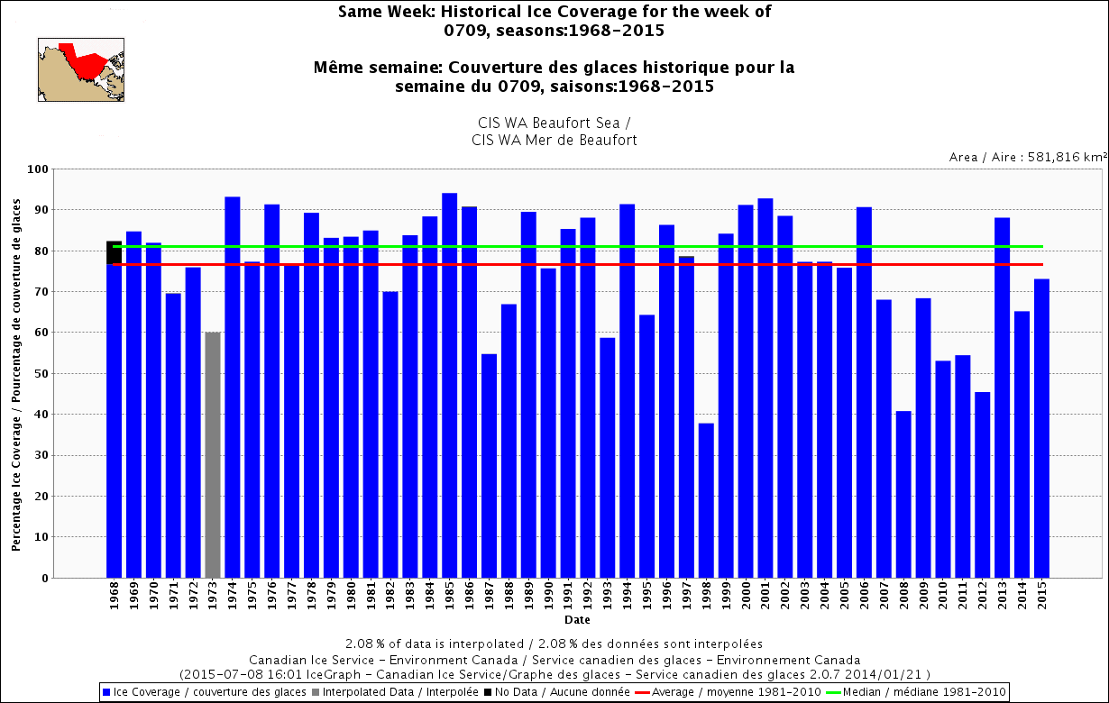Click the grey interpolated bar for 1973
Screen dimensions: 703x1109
(213, 455)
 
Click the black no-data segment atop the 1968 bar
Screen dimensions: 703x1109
(114, 252)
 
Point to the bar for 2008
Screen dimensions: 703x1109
(903, 495)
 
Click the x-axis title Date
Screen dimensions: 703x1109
(577, 621)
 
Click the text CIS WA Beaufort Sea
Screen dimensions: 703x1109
(554, 123)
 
